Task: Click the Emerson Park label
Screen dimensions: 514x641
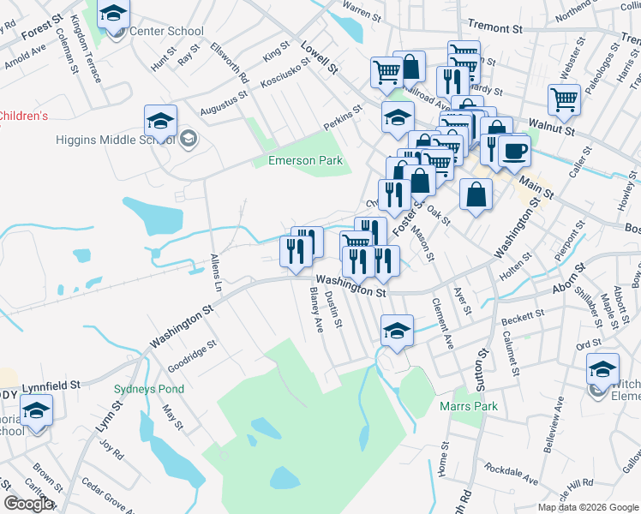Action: coord(305,160)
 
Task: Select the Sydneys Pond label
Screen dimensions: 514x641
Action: coord(149,389)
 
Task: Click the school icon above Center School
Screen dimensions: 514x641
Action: coord(113,15)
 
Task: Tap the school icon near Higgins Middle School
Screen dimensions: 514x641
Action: coord(160,122)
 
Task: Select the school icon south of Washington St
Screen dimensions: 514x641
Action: coord(397,332)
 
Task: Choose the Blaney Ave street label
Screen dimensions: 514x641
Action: coord(315,310)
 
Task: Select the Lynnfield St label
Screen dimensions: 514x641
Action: coord(51,387)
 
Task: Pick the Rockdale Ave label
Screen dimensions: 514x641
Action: coord(510,474)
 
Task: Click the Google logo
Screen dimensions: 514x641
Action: coord(28,504)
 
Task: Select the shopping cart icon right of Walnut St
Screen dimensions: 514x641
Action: coord(565,99)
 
